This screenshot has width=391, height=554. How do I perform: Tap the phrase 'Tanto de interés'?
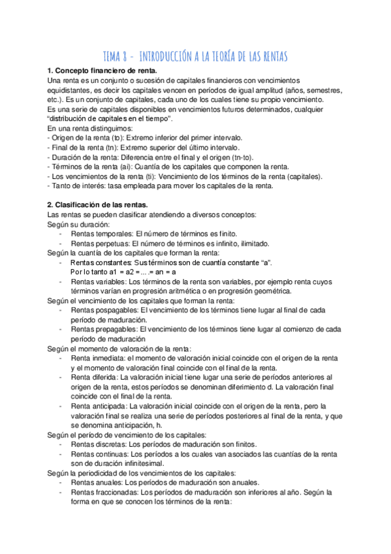(78, 186)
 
